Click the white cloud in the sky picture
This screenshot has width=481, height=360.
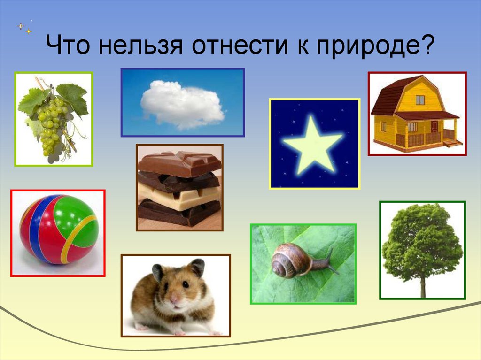tap(183, 104)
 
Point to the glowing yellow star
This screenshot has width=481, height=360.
tap(313, 144)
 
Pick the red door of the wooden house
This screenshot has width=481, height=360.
tap(434, 127)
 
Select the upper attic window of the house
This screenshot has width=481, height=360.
tap(420, 100)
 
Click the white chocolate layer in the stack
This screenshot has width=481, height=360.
tap(178, 196)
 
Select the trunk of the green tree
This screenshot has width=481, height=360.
tap(423, 287)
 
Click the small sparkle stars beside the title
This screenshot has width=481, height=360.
tap(24, 27)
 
